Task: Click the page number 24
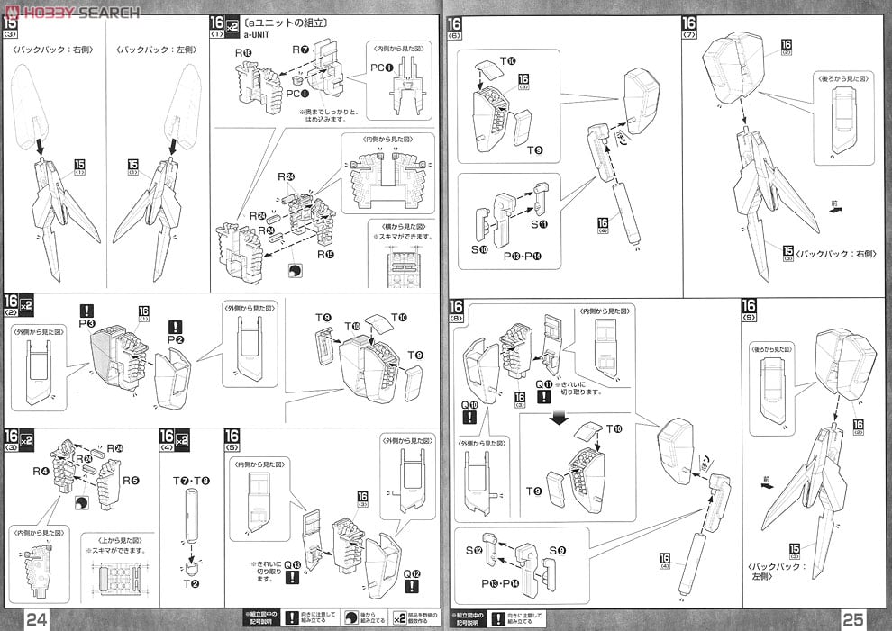pos(37,618)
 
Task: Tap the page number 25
pos(855,618)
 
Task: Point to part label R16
pos(244,53)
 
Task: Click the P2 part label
pos(175,339)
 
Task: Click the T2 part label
pos(193,582)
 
